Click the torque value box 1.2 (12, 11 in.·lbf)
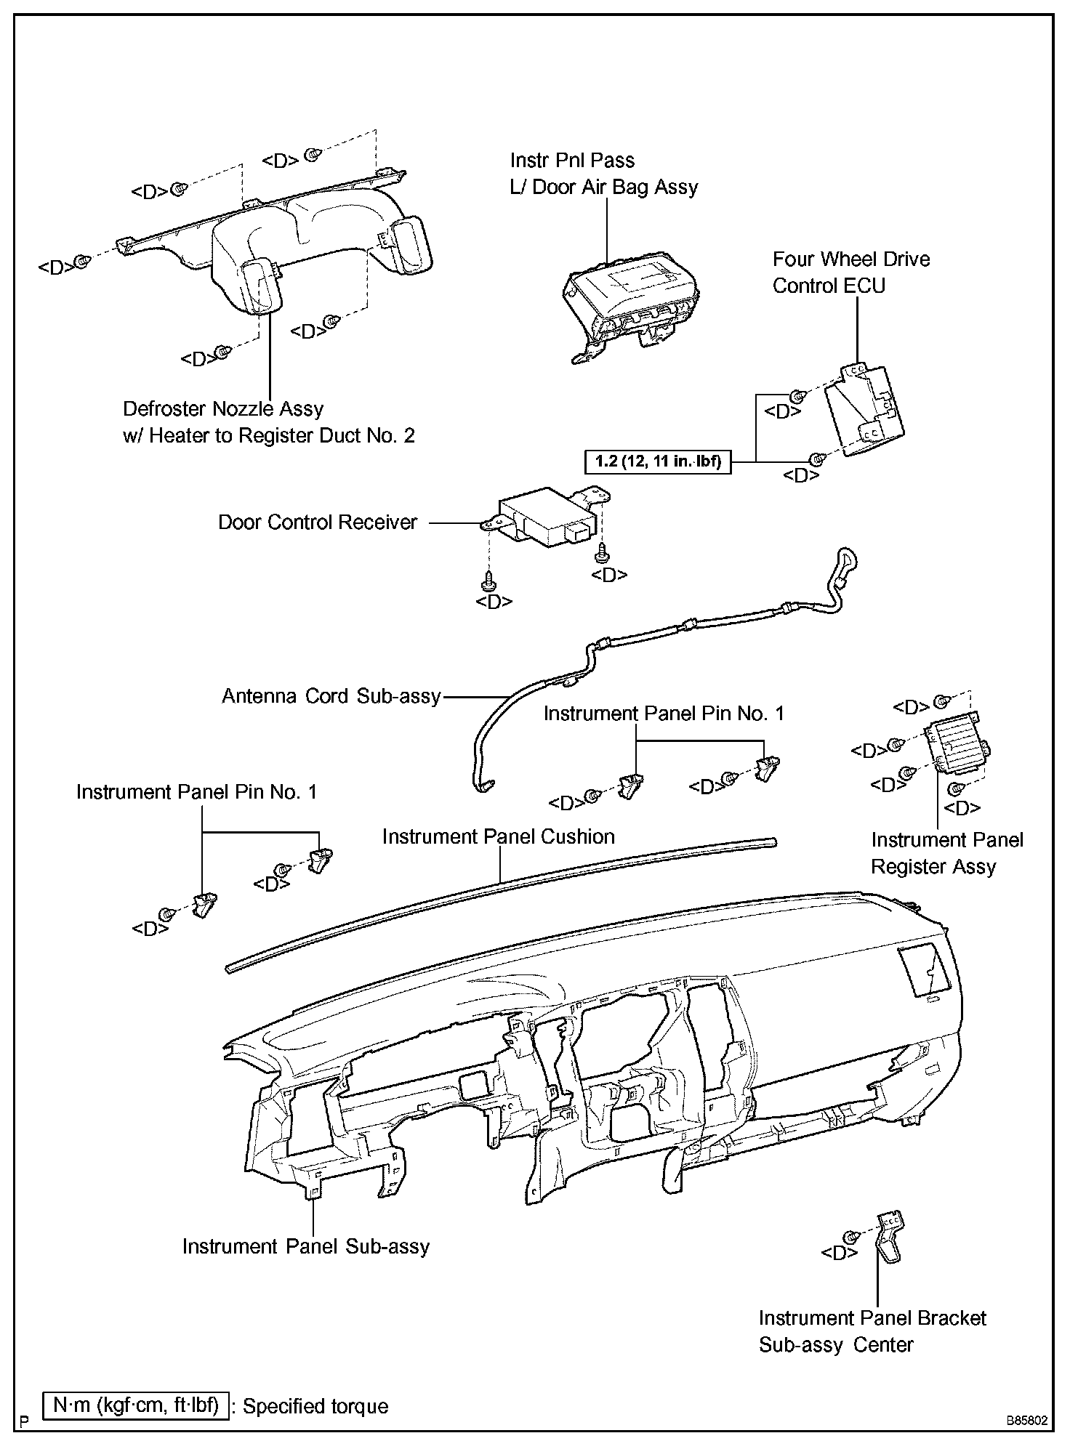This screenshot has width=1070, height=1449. (x=658, y=461)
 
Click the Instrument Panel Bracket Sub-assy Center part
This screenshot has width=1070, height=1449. (x=888, y=1239)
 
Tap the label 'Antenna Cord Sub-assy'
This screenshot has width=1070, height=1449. (x=331, y=696)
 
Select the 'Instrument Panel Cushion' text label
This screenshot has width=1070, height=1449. (x=498, y=836)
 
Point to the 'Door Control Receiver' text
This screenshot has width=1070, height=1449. (x=318, y=522)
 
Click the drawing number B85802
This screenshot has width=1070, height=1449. (x=1026, y=1420)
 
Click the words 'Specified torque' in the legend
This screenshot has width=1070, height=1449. (x=315, y=1406)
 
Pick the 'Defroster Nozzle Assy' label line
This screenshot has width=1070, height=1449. (x=223, y=408)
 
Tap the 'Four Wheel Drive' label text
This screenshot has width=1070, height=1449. (x=850, y=259)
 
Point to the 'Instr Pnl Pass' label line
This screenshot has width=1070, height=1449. (x=572, y=160)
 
